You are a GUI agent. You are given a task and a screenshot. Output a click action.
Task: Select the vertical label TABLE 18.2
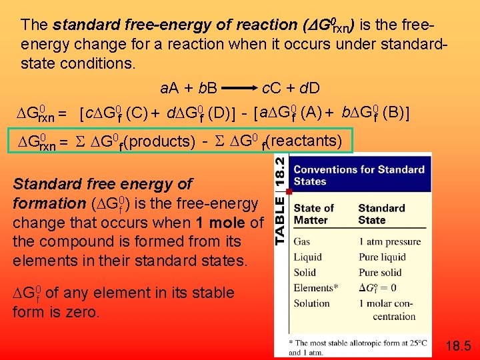281,198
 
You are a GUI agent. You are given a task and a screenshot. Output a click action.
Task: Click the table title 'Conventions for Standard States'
359,175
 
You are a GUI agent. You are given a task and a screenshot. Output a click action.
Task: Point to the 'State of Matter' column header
314,214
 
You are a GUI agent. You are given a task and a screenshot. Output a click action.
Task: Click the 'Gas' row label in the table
301,242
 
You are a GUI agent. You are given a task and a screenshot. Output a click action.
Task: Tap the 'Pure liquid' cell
382,257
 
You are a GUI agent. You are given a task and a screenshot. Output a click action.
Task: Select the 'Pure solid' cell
380,273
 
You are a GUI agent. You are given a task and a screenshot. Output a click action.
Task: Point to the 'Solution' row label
311,303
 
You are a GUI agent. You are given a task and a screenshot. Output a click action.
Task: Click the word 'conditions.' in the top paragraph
98,65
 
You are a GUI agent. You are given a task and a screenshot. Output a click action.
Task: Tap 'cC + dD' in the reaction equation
291,87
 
